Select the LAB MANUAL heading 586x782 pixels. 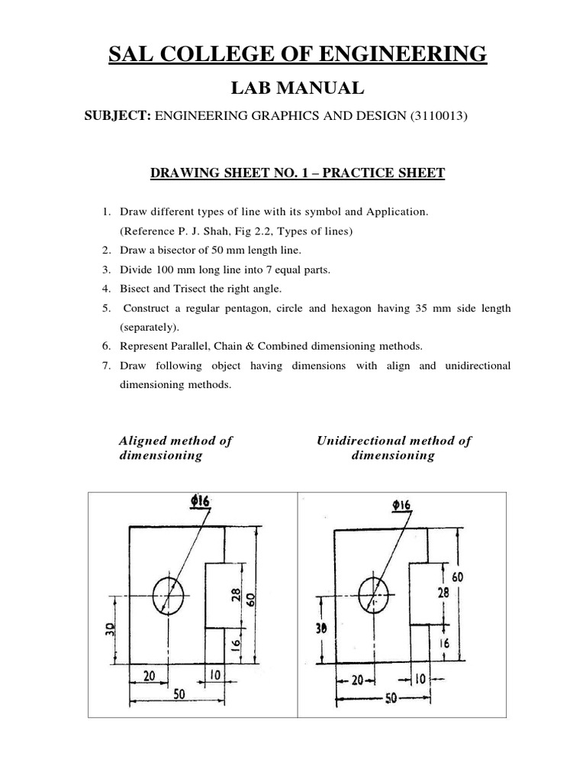click(x=292, y=89)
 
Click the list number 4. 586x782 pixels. click(x=106, y=289)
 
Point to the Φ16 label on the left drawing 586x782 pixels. click(x=200, y=502)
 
